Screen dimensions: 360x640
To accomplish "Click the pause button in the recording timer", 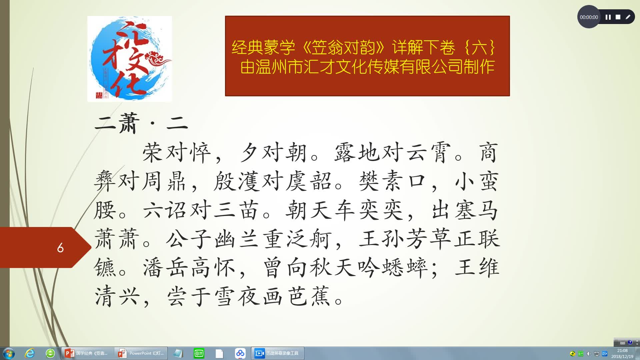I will coord(608,17).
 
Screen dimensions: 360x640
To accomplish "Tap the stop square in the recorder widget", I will coord(618,17).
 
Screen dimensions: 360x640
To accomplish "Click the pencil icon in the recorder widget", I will coord(628,17).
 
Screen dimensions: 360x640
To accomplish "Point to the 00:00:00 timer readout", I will coord(589,17).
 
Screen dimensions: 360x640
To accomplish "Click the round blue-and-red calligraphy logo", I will coord(129,59).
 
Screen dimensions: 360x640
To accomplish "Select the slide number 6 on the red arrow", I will coord(60,248).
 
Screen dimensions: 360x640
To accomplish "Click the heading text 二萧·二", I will coord(141,123).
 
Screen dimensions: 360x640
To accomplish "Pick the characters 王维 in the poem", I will coord(477,268).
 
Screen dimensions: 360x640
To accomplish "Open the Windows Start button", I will coord(9,353).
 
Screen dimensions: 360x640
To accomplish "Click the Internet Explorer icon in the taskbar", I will coord(30,353).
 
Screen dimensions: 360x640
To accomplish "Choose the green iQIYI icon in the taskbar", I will coord(199,353).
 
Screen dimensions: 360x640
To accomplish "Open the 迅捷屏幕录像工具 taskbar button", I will coord(277,353).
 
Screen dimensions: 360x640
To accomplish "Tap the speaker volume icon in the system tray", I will coord(588,354).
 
